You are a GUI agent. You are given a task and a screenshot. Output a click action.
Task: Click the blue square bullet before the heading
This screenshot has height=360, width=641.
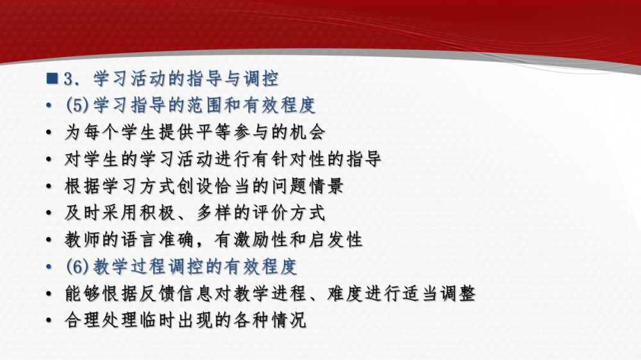[x=53, y=78]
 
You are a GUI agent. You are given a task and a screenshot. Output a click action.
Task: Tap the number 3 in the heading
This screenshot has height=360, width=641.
[x=69, y=79]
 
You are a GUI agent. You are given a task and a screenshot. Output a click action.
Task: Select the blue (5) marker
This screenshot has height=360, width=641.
[x=78, y=105]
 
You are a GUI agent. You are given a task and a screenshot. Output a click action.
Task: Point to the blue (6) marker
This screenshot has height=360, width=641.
[x=78, y=266]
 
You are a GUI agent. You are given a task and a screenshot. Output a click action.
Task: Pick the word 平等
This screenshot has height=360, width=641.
[x=215, y=132]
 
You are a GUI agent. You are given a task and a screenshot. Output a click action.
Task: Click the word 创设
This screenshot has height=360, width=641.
[x=196, y=186]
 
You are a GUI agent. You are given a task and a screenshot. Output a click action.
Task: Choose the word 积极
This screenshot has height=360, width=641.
[x=158, y=213]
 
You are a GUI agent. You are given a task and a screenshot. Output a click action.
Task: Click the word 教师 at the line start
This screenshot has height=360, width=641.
[x=83, y=240]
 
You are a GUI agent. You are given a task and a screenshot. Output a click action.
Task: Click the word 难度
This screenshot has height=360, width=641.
[x=345, y=293]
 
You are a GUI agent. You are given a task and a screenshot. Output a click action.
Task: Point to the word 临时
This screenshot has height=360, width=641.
[x=158, y=320]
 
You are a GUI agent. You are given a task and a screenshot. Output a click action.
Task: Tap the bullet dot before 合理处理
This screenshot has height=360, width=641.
[x=49, y=320]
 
